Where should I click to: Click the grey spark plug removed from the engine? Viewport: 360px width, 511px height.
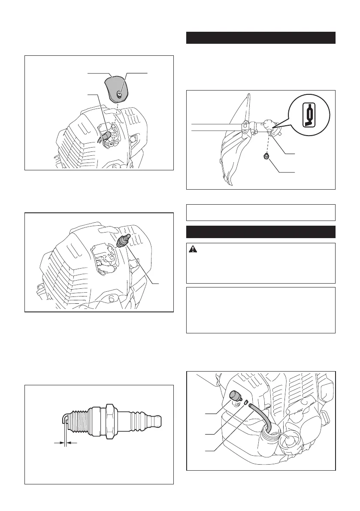click(x=123, y=239)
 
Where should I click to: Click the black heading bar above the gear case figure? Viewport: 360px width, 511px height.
click(x=261, y=37)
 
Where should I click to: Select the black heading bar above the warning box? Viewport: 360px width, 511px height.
click(x=261, y=232)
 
